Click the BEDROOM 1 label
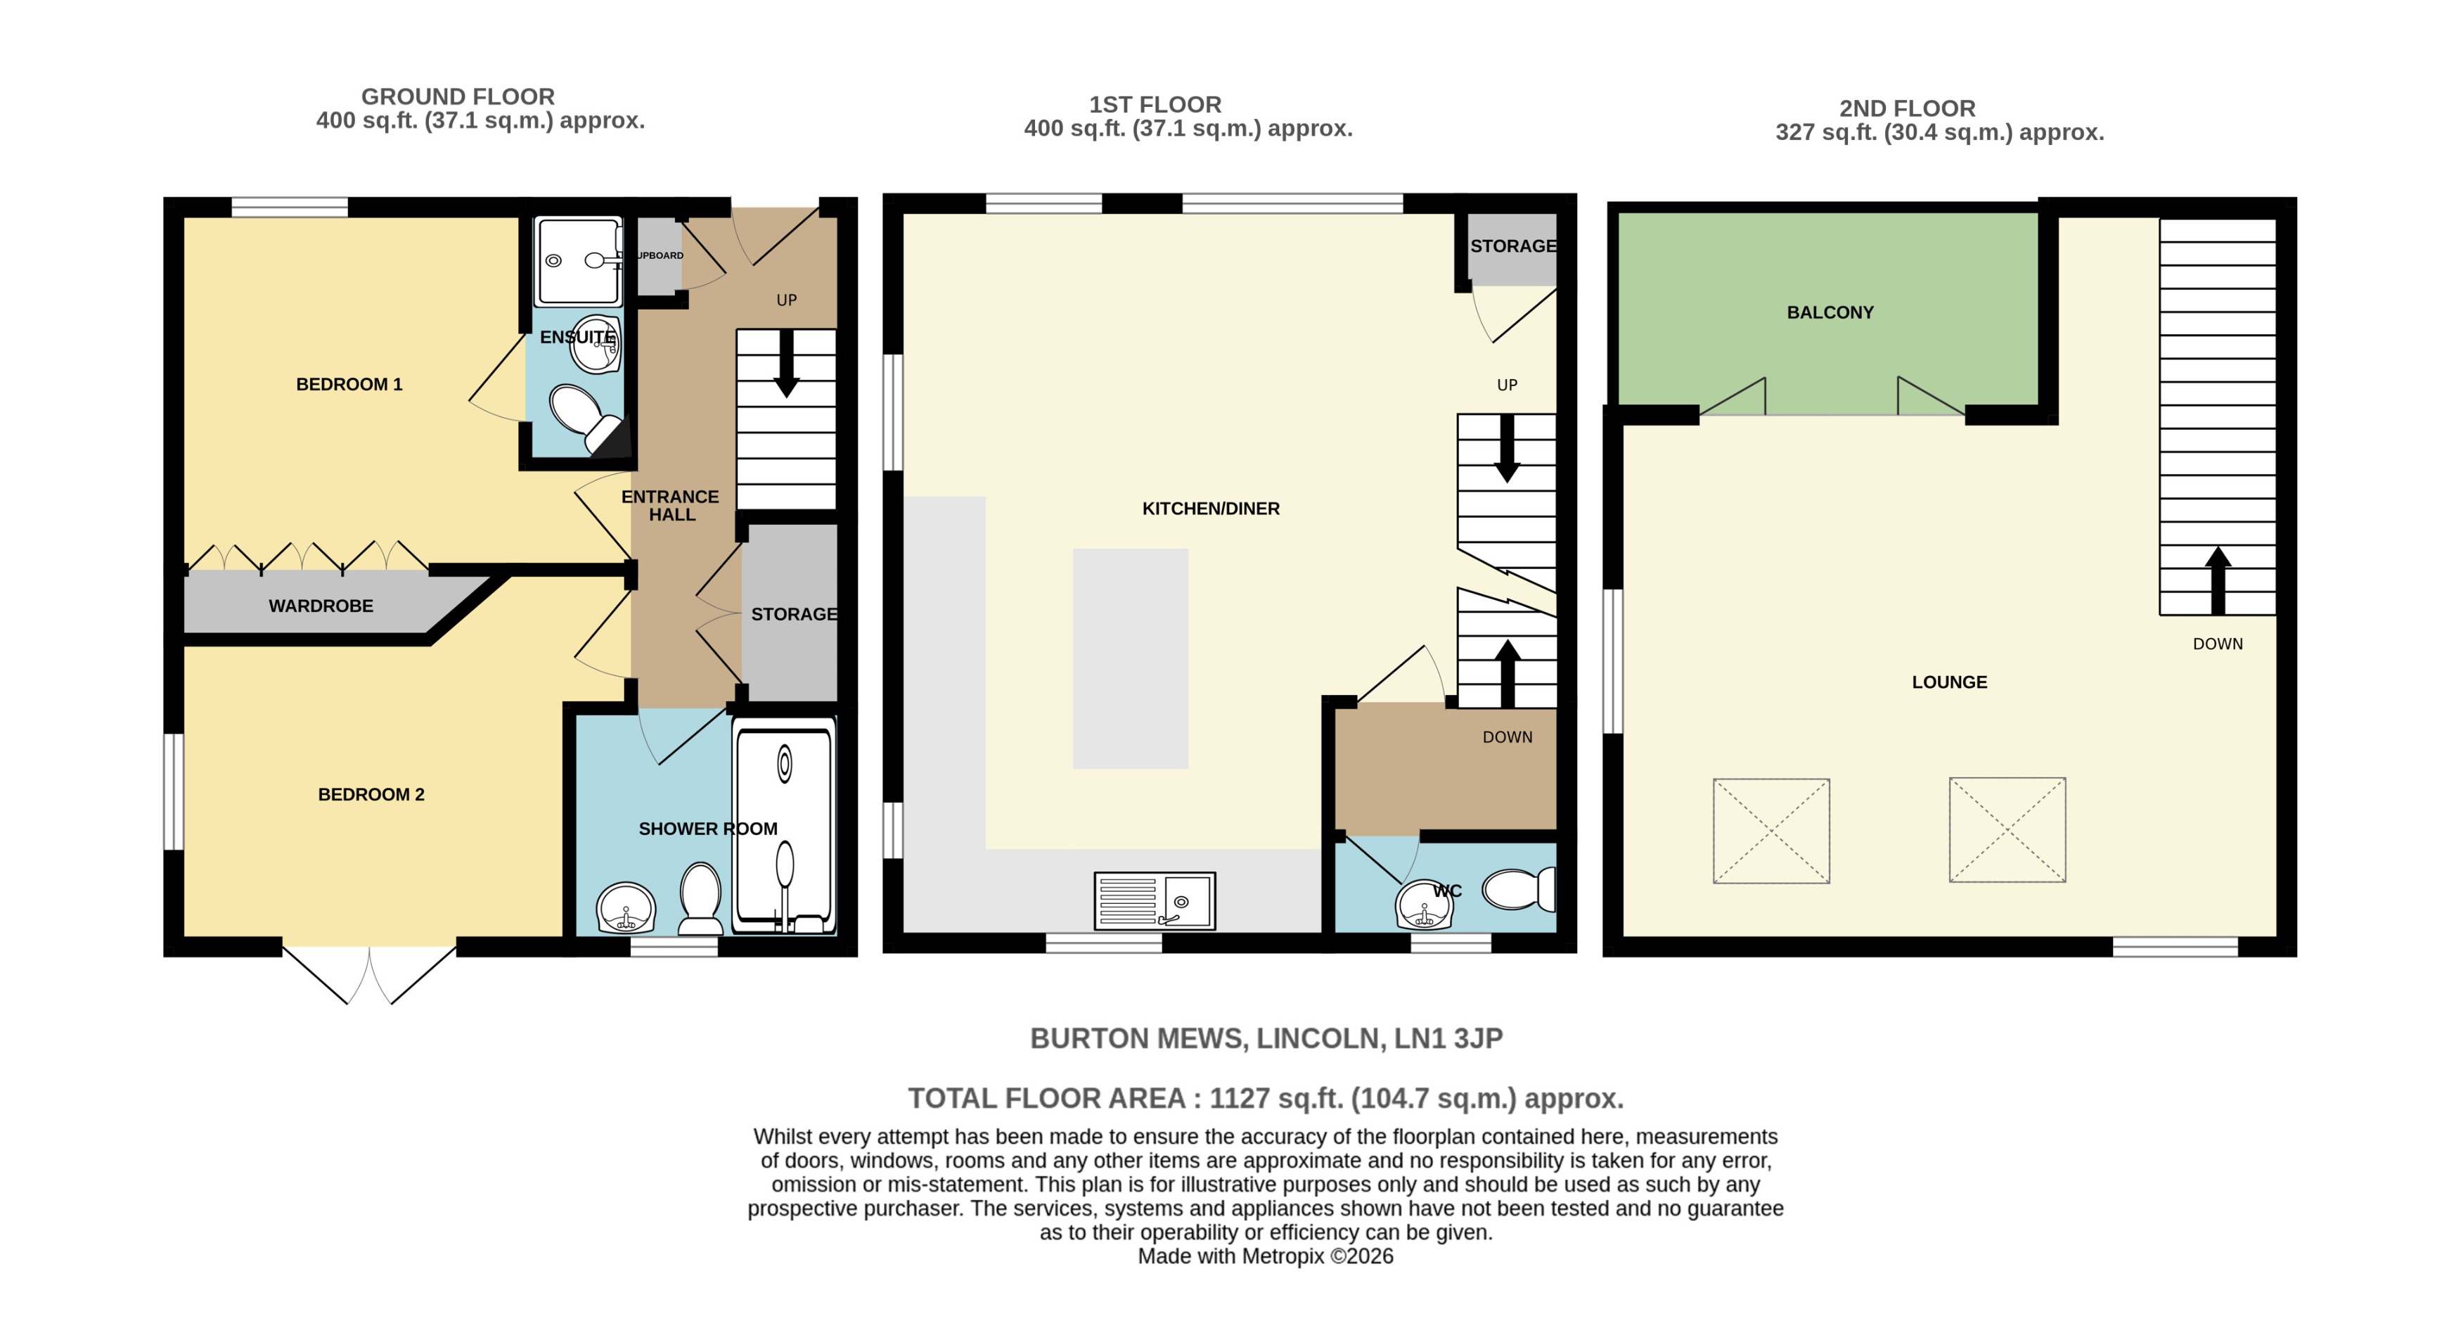click(349, 384)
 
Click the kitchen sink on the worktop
click(1154, 900)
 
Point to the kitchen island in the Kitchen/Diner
click(1130, 658)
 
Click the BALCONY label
click(1830, 312)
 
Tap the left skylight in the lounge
click(1771, 830)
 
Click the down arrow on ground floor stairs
click(786, 364)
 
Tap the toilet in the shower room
click(700, 898)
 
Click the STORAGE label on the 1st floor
click(1512, 246)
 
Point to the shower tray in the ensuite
click(577, 260)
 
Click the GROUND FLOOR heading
click(458, 96)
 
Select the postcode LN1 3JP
click(1448, 1039)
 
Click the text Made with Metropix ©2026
click(1265, 1256)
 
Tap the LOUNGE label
click(1949, 682)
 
